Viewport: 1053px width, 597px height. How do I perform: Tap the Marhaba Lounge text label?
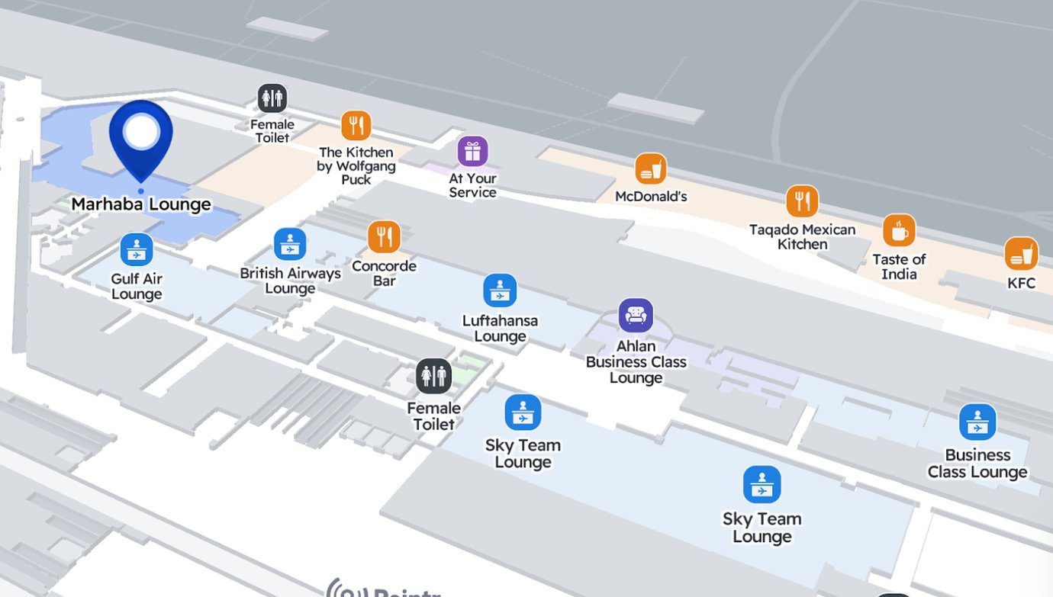tap(141, 204)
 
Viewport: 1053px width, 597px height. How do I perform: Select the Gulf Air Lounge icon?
tap(137, 249)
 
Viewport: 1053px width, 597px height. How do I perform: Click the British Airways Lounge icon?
tap(290, 244)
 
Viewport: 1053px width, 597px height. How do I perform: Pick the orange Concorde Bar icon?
tap(384, 237)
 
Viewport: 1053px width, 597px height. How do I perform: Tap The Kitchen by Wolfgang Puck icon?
tap(356, 126)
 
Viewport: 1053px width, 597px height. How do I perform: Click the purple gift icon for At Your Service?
tap(472, 151)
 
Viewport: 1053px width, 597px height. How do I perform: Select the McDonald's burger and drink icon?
tap(650, 169)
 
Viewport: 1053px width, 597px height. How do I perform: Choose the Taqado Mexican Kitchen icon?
tap(802, 201)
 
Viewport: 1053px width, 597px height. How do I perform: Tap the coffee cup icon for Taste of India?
tap(899, 230)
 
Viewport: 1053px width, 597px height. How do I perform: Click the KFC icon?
tap(1021, 254)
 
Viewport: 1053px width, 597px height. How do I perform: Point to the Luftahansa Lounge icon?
tap(500, 290)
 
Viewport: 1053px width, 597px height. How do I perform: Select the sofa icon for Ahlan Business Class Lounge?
tap(636, 315)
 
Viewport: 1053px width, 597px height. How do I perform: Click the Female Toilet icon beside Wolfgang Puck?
tap(272, 98)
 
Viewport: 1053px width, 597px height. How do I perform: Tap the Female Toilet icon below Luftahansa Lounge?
tap(433, 376)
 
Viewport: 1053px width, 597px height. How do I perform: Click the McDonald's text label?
tap(651, 197)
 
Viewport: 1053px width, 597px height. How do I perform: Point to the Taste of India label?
tap(899, 266)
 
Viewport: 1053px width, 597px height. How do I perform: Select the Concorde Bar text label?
tap(384, 273)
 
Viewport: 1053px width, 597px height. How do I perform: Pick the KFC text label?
tap(1021, 283)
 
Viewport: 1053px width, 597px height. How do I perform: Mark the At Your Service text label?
tap(472, 185)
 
